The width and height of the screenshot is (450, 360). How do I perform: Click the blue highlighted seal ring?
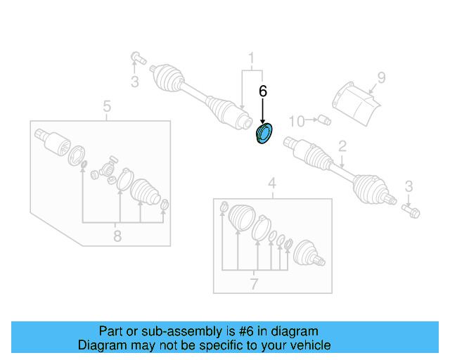pyautogui.click(x=265, y=134)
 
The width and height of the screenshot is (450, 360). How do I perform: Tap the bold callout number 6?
pyautogui.click(x=263, y=91)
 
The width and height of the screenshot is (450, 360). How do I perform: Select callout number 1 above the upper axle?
pyautogui.click(x=250, y=57)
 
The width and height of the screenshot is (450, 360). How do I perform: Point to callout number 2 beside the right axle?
pyautogui.click(x=342, y=146)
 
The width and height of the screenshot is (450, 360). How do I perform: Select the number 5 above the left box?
pyautogui.click(x=107, y=107)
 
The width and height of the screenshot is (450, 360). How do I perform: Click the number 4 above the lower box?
pyautogui.click(x=272, y=185)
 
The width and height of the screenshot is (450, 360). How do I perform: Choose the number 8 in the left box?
pyautogui.click(x=117, y=236)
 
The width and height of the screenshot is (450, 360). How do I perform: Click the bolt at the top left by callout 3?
pyautogui.click(x=136, y=57)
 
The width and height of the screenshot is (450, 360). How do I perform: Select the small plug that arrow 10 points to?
pyautogui.click(x=324, y=120)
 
